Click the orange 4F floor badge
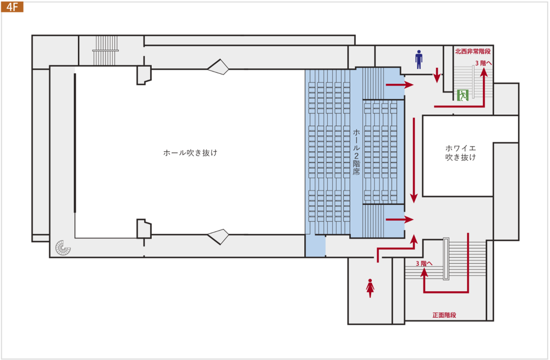[12, 7]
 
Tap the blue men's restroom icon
[419, 59]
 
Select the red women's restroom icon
[370, 288]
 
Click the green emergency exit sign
[463, 95]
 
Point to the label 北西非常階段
[472, 51]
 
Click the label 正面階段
[444, 315]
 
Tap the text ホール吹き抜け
[190, 153]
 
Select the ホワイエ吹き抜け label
[460, 153]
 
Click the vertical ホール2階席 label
[356, 152]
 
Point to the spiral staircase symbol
[63, 248]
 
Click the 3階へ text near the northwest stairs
[483, 63]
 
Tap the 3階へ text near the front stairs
[424, 263]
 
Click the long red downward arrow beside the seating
[414, 160]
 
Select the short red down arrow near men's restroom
[437, 75]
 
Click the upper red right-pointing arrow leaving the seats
[399, 85]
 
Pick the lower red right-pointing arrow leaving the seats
[399, 220]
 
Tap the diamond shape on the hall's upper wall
[218, 67]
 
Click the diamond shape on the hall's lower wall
[218, 237]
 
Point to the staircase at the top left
[106, 50]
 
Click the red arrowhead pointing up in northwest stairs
[484, 72]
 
